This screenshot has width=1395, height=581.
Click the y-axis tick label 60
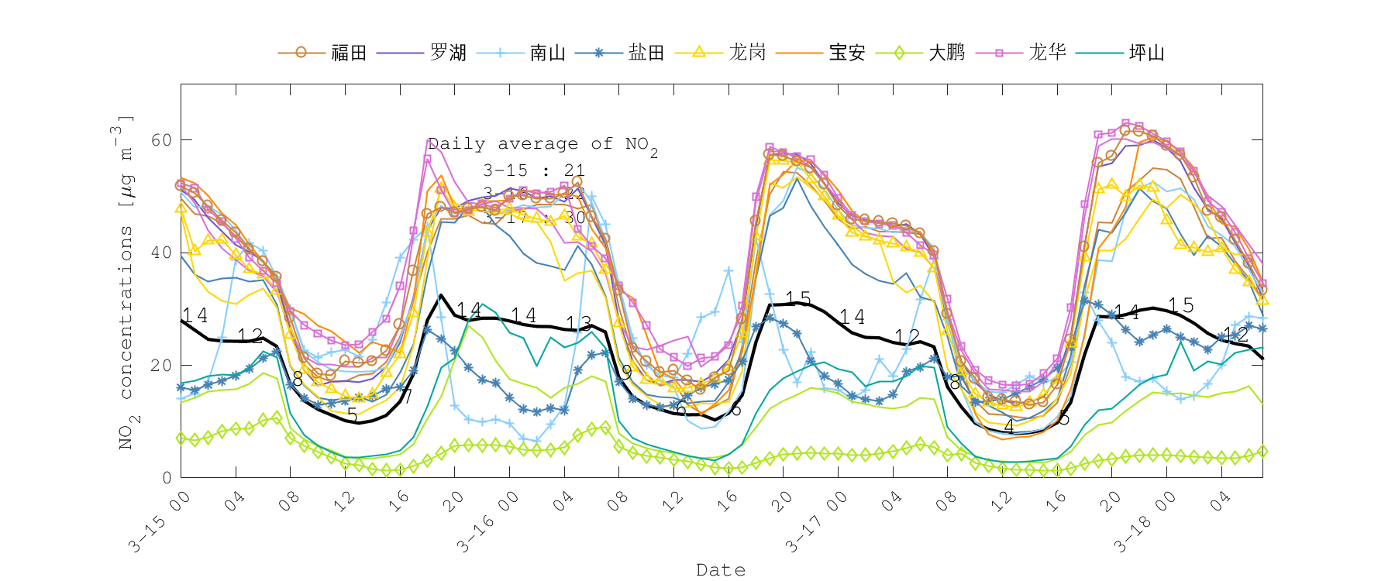point(161,140)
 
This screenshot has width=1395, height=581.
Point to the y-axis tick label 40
point(161,253)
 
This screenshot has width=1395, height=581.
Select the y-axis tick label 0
point(167,478)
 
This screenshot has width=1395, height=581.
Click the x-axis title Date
point(721,570)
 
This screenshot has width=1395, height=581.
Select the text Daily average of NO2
point(542,145)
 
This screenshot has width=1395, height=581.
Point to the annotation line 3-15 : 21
point(534,170)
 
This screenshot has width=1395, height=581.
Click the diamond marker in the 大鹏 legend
point(900,53)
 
